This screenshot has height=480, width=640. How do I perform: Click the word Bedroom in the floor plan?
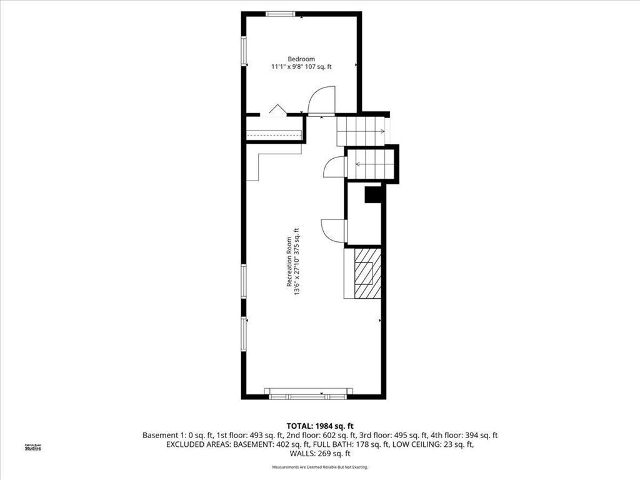tap(301, 59)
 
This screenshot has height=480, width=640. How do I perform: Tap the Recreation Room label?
tap(289, 261)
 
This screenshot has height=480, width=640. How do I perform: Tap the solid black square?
tap(373, 195)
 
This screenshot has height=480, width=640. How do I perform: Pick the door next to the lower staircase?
tap(334, 167)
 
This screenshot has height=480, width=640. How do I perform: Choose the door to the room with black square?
tap(334, 230)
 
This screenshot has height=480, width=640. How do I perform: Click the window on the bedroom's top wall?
tap(281, 14)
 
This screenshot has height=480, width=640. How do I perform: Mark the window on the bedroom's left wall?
tap(244, 51)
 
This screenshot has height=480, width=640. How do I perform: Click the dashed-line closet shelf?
tap(274, 134)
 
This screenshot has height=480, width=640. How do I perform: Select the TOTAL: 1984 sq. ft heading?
tap(319, 426)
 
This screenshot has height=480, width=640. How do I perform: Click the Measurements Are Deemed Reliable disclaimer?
tap(319, 467)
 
